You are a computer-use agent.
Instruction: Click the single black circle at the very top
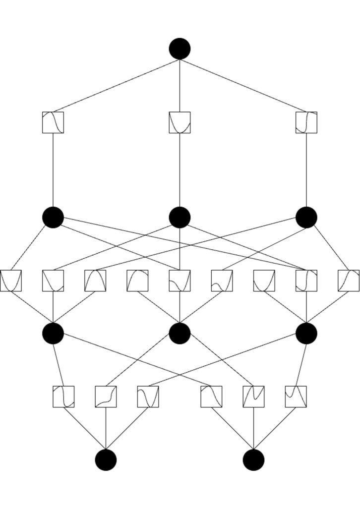180,49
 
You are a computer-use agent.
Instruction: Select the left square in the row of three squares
53,122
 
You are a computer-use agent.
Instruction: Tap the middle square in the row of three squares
180,122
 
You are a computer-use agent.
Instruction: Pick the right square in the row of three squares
306,122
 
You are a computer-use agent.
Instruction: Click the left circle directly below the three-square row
53,217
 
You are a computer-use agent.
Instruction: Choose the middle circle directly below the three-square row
180,217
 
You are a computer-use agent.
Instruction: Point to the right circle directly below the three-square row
306,217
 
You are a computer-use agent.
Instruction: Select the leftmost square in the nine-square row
11,281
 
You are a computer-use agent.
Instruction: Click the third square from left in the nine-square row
95,281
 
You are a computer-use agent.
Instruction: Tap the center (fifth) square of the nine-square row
180,281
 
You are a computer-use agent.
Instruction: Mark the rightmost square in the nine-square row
348,281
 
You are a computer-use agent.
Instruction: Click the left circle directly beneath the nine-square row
53,333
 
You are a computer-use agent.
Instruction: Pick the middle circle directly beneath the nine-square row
180,333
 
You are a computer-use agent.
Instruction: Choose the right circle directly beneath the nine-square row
306,333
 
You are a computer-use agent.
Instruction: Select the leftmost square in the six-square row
63,396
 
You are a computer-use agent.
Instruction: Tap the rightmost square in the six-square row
296,396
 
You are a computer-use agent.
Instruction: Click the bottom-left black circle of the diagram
106,460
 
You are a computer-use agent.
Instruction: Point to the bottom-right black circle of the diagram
253,460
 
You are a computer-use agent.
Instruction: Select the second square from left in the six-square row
106,396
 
